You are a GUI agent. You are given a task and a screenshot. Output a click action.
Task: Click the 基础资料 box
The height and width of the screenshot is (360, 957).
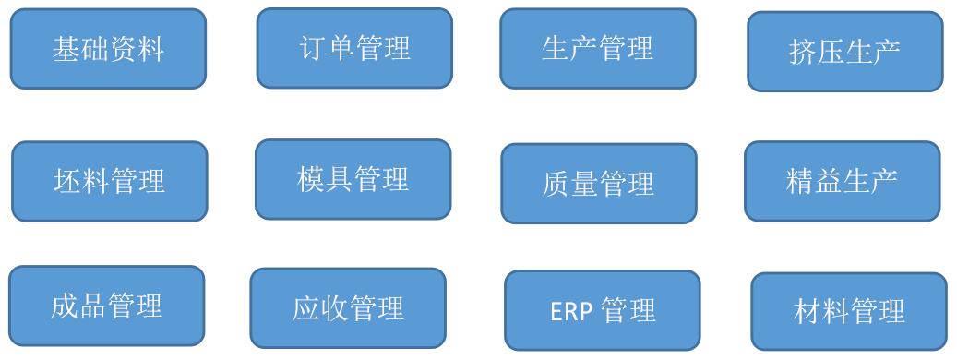(x=108, y=49)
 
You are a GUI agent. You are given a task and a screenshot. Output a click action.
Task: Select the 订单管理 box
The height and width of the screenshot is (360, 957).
(x=354, y=48)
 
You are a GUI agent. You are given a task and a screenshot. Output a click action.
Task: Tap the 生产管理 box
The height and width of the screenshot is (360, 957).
(x=598, y=48)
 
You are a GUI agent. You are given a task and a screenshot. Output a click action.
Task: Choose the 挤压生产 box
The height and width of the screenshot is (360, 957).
(x=845, y=52)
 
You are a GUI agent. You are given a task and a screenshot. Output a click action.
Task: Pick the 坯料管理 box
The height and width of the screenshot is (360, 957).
(x=110, y=181)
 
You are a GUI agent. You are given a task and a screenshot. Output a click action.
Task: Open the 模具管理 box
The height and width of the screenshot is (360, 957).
(x=353, y=179)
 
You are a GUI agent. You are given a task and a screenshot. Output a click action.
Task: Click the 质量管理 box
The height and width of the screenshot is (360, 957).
(x=599, y=184)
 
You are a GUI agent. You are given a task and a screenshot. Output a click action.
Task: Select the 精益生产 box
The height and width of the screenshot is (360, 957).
(x=843, y=181)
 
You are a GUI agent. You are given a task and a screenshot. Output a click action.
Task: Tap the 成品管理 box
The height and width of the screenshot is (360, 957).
(x=107, y=306)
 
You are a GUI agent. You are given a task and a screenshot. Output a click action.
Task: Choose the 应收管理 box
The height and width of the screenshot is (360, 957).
(x=348, y=308)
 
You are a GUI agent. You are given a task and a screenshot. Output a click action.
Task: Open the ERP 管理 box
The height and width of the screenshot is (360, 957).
(x=603, y=310)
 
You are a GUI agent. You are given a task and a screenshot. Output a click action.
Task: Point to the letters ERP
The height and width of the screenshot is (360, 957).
(x=571, y=311)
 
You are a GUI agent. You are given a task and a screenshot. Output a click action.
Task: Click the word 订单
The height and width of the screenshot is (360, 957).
(x=327, y=48)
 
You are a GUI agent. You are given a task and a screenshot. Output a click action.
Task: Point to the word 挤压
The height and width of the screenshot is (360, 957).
(x=816, y=52)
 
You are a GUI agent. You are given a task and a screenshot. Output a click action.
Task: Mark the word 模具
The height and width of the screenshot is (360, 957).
(x=326, y=179)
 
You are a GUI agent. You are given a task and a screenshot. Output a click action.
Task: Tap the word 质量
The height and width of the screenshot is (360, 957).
(x=570, y=184)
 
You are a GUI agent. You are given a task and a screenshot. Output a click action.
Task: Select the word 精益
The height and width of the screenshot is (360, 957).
(x=814, y=181)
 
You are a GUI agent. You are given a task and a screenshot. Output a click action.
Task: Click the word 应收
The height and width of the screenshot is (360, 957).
(x=320, y=308)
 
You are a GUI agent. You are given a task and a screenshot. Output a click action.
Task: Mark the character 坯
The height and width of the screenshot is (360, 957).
(x=67, y=181)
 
